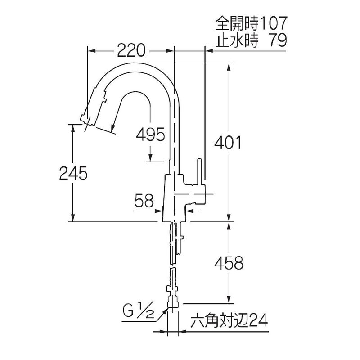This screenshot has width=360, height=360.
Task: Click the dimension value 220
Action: point(131,50)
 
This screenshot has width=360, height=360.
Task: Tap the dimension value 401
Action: point(228,142)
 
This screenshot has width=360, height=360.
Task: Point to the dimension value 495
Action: point(150,134)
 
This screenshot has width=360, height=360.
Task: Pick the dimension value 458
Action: point(229,263)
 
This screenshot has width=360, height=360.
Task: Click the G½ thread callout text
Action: point(138,311)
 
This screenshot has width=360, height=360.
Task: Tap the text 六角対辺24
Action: point(229,320)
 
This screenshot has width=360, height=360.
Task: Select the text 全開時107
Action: point(251,23)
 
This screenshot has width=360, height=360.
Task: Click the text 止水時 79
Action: point(251,40)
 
